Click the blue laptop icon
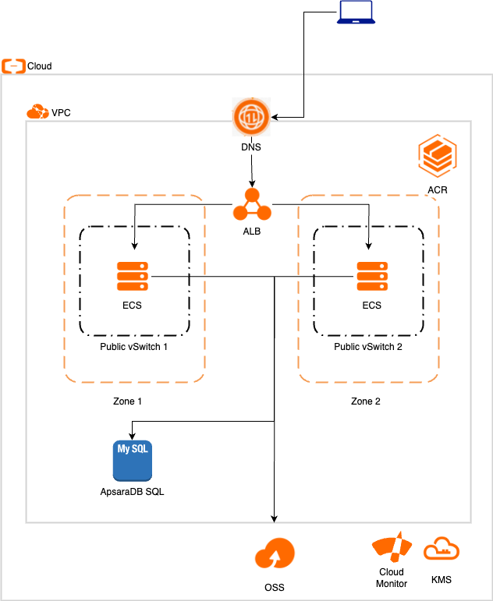click(x=356, y=13)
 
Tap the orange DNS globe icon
click(x=251, y=118)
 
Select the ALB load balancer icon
click(x=251, y=204)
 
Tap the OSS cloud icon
click(x=275, y=554)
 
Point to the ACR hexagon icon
click(x=437, y=157)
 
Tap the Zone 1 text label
click(x=128, y=401)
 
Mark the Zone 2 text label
click(x=366, y=401)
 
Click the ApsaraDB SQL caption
click(x=132, y=492)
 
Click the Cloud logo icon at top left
click(x=13, y=65)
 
